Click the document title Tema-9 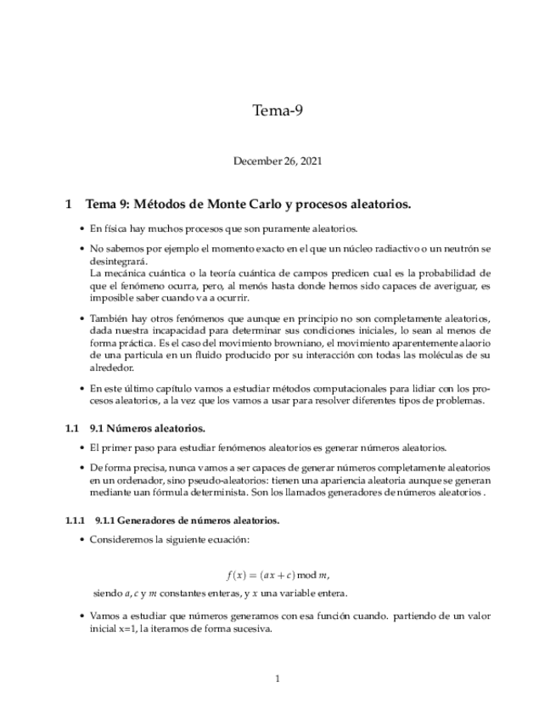tap(278, 110)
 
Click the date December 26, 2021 tap(278, 160)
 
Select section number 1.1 tap(72, 428)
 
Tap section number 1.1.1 tap(76, 520)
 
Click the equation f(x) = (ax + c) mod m tap(278, 575)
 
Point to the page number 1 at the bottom tap(278, 678)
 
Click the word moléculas tap(437, 354)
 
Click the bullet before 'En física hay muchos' tap(81, 229)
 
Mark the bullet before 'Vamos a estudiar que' tap(81, 616)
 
